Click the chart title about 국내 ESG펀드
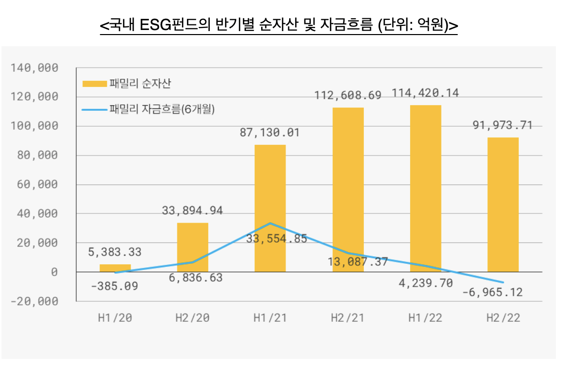pyautogui.click(x=279, y=25)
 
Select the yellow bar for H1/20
pyautogui.click(x=115, y=268)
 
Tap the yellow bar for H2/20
pyautogui.click(x=193, y=248)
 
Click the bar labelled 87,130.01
pyautogui.click(x=270, y=208)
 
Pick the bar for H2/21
pyautogui.click(x=348, y=190)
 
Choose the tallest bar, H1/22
pyautogui.click(x=426, y=188)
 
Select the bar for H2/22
pyautogui.click(x=503, y=205)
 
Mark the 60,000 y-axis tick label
pyautogui.click(x=41, y=185)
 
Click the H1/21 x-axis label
pyautogui.click(x=270, y=318)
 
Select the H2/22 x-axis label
pyautogui.click(x=503, y=318)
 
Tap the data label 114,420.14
pyautogui.click(x=425, y=93)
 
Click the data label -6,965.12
pyautogui.click(x=492, y=293)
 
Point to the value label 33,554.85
pyautogui.click(x=276, y=238)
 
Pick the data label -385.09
pyautogui.click(x=114, y=286)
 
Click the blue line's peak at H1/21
pyautogui.click(x=270, y=223)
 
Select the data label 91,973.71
pyautogui.click(x=503, y=125)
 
